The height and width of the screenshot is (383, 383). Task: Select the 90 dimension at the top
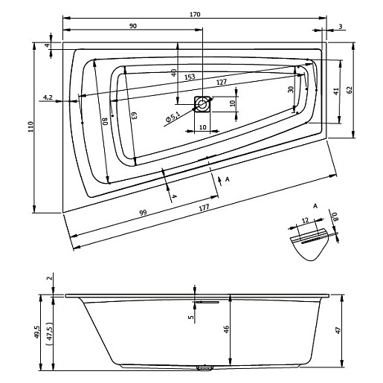pos(132,26)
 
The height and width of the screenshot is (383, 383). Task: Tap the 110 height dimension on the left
pos(30,127)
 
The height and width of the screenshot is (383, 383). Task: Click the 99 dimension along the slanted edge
pos(142,213)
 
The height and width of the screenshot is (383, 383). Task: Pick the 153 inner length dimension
pos(189,77)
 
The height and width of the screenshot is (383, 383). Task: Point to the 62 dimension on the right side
pos(348,89)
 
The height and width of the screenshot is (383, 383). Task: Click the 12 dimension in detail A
pos(305,220)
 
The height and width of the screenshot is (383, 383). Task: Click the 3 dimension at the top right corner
pos(340,26)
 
